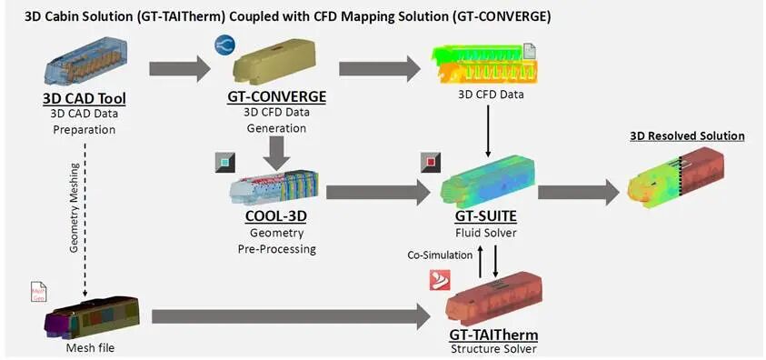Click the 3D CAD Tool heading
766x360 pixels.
click(84, 99)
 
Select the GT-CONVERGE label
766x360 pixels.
click(276, 96)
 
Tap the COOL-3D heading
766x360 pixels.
click(276, 215)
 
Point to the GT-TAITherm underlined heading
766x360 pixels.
click(493, 335)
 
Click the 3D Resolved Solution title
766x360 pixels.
click(687, 135)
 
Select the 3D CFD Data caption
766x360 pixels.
click(490, 95)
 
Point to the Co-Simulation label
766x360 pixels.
click(439, 255)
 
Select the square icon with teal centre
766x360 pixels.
click(224, 162)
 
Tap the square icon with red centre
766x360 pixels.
click(431, 162)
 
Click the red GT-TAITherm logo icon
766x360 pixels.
click(439, 280)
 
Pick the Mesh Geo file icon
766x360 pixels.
click(38, 292)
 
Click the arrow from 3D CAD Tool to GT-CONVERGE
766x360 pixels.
click(180, 68)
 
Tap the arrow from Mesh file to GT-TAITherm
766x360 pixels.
click(291, 316)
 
